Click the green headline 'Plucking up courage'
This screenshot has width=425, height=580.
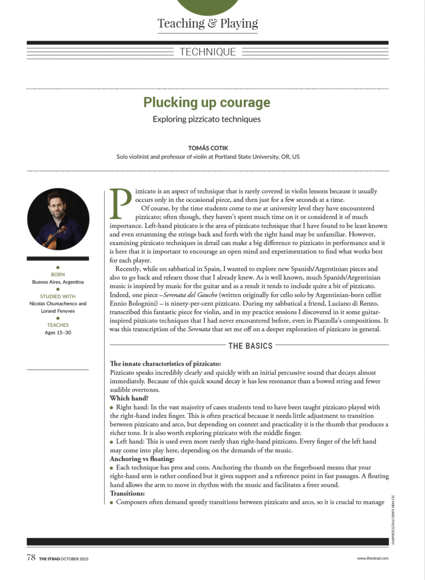pyautogui.click(x=207, y=102)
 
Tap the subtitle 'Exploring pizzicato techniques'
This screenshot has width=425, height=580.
pyautogui.click(x=206, y=119)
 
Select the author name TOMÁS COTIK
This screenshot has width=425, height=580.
pyautogui.click(x=208, y=148)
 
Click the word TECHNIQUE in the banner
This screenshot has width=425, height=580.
pyautogui.click(x=208, y=52)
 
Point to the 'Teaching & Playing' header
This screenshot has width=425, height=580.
pyautogui.click(x=208, y=23)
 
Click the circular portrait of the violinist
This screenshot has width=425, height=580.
pyautogui.click(x=58, y=219)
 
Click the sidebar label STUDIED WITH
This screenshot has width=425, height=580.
pyautogui.click(x=58, y=296)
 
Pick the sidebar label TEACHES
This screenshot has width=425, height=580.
pyautogui.click(x=58, y=325)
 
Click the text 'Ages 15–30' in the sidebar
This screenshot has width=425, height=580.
pyautogui.click(x=58, y=332)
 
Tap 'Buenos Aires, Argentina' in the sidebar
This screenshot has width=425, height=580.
pyautogui.click(x=58, y=281)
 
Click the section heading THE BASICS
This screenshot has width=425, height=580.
pyautogui.click(x=251, y=346)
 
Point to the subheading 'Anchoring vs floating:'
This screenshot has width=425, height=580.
pyautogui.click(x=142, y=459)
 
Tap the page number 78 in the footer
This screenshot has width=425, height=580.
pyautogui.click(x=31, y=557)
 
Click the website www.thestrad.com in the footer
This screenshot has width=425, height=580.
pyautogui.click(x=372, y=558)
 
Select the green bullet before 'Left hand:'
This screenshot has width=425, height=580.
pyautogui.click(x=112, y=442)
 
